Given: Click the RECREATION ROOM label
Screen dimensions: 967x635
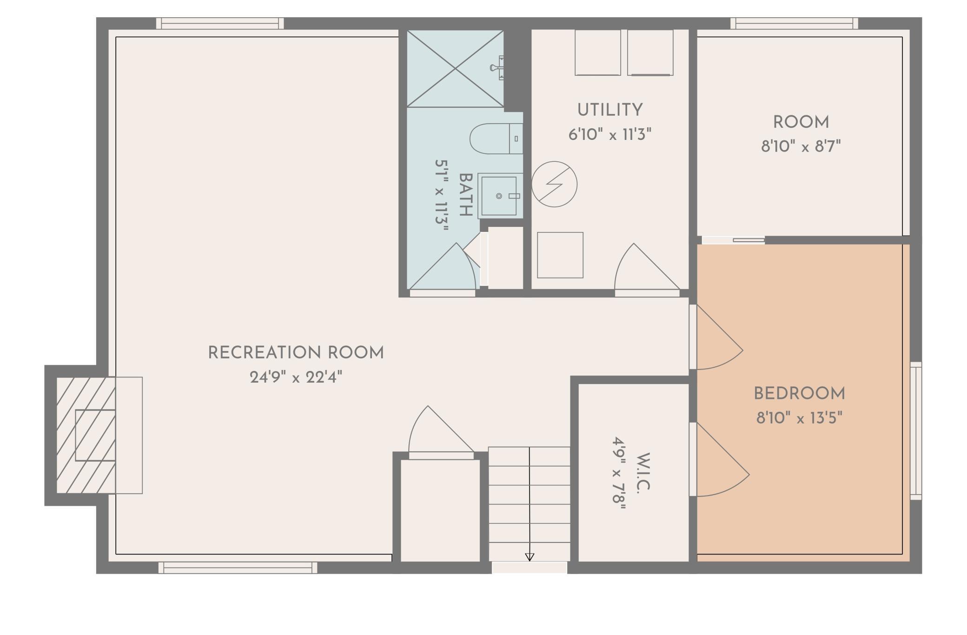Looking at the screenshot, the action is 296,353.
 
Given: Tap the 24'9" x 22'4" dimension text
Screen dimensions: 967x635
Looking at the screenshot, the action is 296,377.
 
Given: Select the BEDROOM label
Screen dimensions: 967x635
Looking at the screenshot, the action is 799,394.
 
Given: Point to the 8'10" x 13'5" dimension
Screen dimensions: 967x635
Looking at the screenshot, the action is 799,418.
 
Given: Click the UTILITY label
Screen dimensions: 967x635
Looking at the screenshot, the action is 610,110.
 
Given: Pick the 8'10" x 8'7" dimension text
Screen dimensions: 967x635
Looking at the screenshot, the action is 801,146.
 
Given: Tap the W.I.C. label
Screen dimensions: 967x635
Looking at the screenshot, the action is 642,472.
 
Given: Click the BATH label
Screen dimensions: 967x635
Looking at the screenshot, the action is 466,195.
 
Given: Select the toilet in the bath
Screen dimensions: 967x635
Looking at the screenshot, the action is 496,139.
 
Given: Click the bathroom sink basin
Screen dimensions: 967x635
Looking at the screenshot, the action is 499,196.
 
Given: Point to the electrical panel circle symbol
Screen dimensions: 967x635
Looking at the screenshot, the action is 554,184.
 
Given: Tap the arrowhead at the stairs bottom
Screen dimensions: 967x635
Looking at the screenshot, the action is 530,557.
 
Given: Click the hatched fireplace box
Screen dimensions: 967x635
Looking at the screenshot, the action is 86,435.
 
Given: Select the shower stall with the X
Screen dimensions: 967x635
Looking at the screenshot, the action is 455,69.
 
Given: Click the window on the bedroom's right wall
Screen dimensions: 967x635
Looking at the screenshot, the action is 915,431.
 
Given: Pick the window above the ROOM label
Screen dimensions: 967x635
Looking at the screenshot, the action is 794,23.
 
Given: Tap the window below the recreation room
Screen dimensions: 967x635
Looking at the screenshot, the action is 238,568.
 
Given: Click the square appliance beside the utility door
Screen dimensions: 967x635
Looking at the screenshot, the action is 560,255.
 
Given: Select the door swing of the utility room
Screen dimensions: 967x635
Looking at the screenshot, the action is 647,267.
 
